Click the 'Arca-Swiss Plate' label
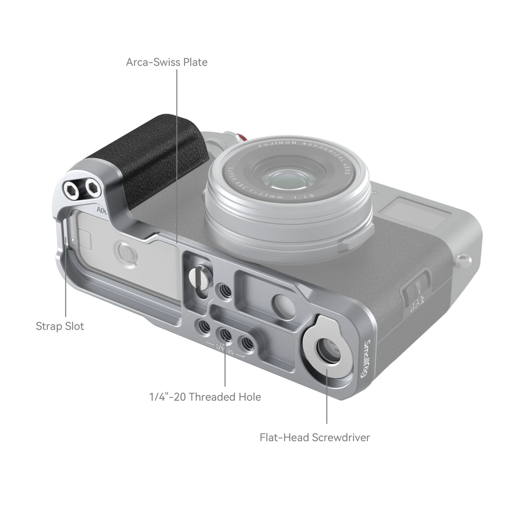click(167, 62)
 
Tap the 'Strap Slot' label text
click(60, 326)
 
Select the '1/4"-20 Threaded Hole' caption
click(205, 397)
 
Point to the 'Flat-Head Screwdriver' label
click(315, 437)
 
